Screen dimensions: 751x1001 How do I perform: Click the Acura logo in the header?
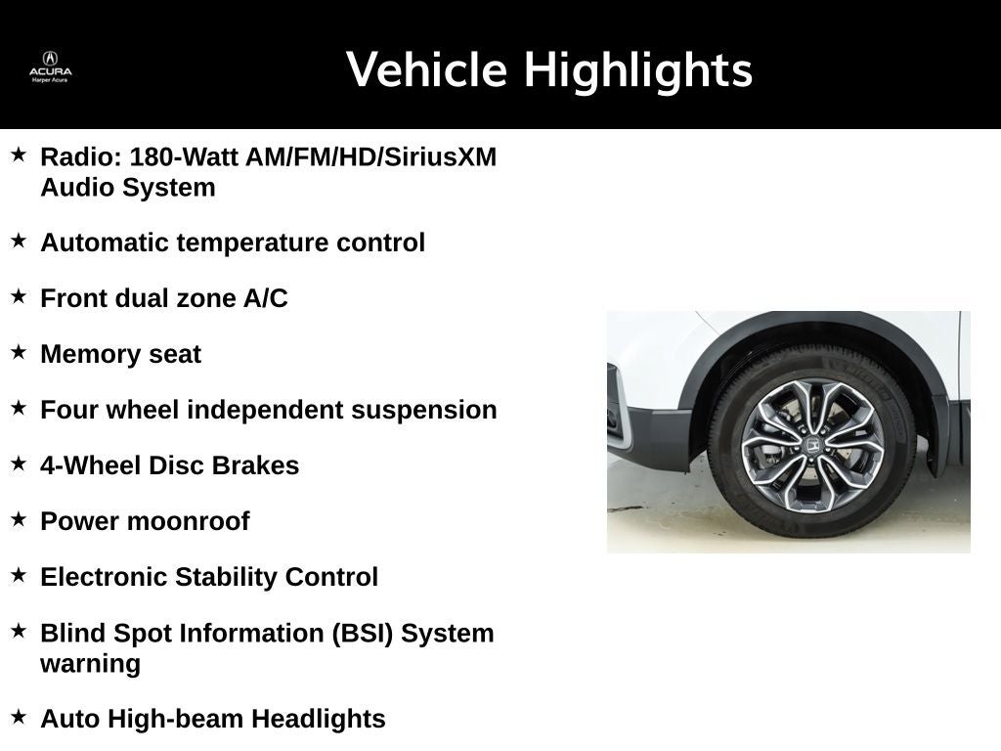click(x=50, y=64)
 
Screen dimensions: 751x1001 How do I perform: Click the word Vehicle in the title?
click(x=427, y=70)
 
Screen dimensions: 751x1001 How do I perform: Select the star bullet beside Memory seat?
click(x=19, y=352)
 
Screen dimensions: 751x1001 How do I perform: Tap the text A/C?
click(x=266, y=298)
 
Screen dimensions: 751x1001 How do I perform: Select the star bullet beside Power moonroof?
click(x=19, y=519)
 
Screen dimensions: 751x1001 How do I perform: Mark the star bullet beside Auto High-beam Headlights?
click(x=19, y=717)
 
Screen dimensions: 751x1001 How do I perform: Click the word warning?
click(x=90, y=663)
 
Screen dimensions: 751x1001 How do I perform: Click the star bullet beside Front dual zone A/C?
click(x=19, y=296)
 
